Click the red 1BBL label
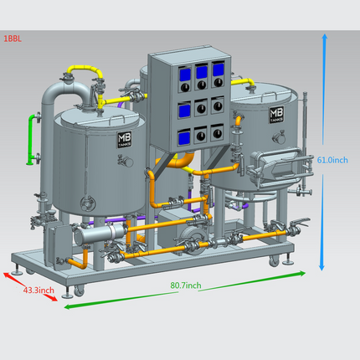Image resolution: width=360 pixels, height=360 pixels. (x=13, y=39)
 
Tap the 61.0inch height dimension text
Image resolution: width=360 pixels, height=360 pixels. (x=332, y=160)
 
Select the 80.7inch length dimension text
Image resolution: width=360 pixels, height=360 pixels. (x=186, y=285)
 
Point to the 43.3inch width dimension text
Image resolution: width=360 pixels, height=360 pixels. (x=39, y=291)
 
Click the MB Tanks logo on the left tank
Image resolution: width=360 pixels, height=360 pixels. (x=125, y=140)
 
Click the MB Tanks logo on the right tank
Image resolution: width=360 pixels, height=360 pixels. (x=276, y=115)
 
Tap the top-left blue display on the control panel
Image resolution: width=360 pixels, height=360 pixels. (x=185, y=75)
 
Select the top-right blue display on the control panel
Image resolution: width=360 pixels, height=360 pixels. (x=219, y=69)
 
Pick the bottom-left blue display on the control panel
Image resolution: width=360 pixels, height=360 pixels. (x=184, y=138)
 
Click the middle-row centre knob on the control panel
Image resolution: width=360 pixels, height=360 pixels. (x=201, y=108)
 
